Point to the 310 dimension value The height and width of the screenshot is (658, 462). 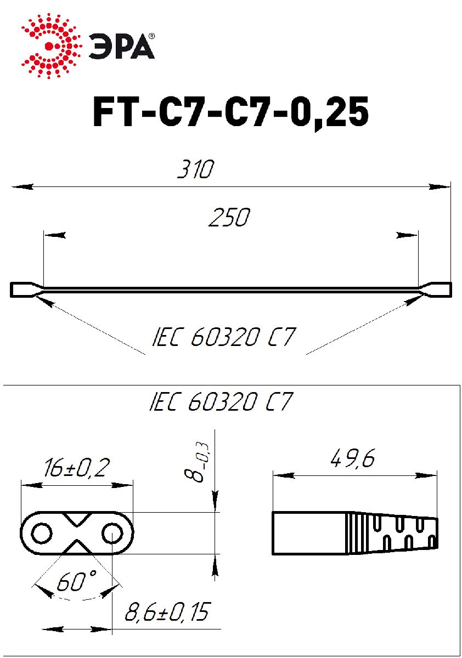pyautogui.click(x=196, y=169)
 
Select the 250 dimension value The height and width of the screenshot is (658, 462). pyautogui.click(x=229, y=217)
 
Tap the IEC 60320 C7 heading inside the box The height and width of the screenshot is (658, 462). pyautogui.click(x=221, y=401)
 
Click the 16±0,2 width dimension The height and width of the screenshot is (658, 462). pyautogui.click(x=77, y=467)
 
